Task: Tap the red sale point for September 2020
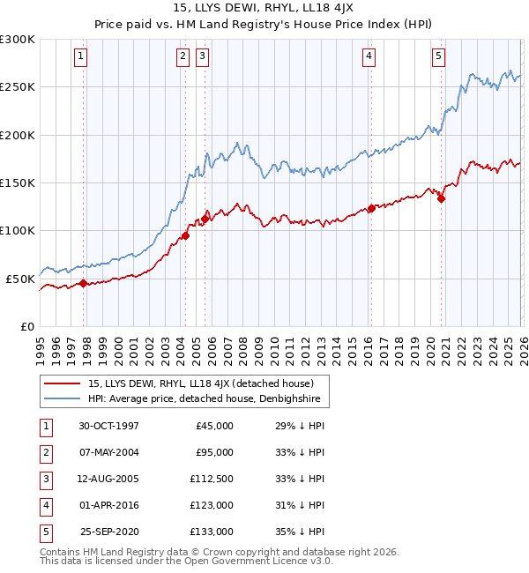click(x=441, y=198)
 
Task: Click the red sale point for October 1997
click(x=84, y=283)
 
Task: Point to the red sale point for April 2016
click(x=371, y=208)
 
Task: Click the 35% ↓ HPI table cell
click(x=307, y=532)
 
